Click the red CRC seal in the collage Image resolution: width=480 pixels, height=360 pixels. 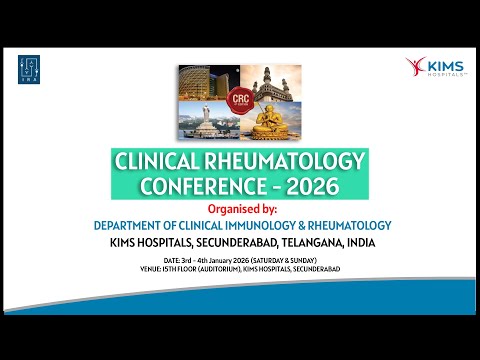tap(240, 102)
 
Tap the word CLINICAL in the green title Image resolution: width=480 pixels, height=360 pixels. tap(162, 163)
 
